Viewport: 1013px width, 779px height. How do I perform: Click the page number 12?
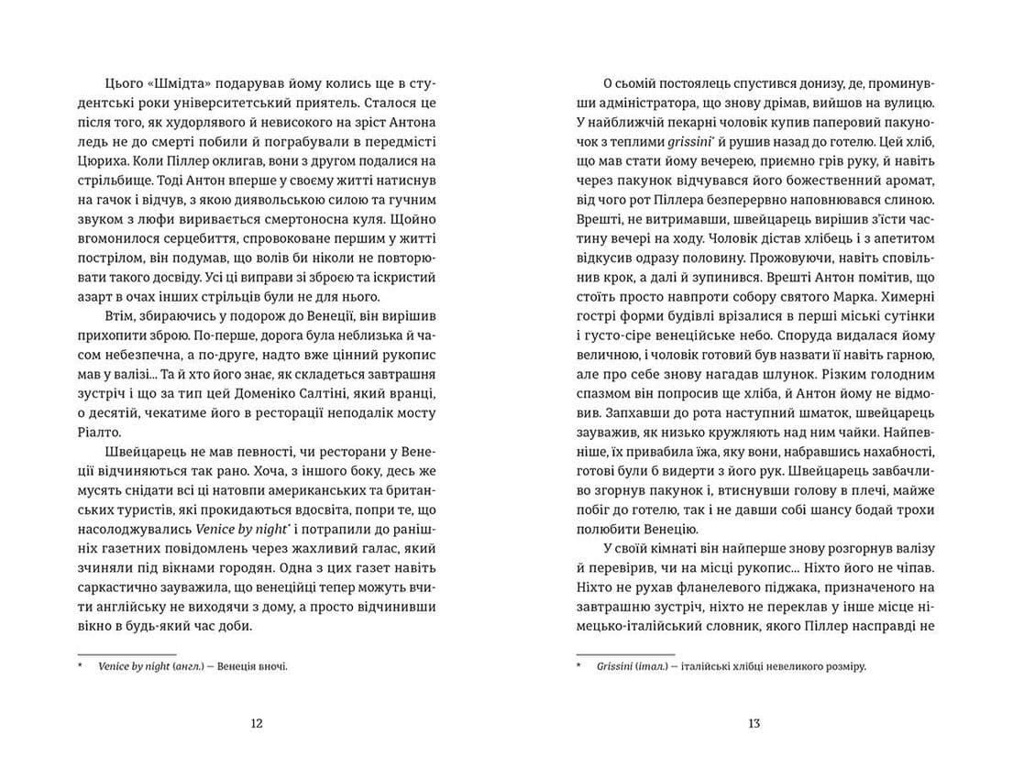257,723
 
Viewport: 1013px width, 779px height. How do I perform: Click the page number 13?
754,723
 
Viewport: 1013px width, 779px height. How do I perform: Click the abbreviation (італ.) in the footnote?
653,666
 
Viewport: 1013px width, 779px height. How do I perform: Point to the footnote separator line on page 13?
625,653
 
